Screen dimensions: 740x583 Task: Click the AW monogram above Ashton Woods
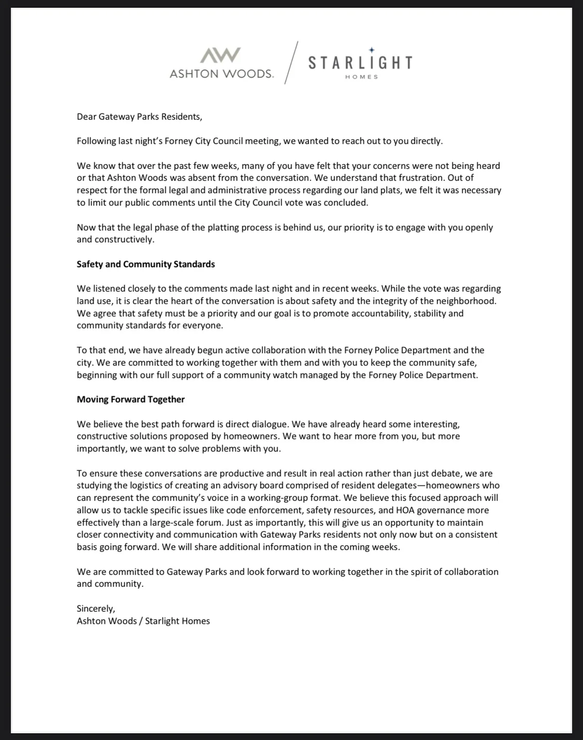click(x=221, y=55)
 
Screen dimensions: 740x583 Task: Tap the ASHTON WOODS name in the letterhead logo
click(x=222, y=74)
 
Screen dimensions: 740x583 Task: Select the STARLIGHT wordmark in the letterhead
click(x=360, y=63)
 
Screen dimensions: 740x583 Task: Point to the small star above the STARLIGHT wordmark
click(x=372, y=49)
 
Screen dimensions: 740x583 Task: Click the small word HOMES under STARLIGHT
click(x=361, y=77)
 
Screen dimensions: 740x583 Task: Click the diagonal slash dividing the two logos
click(x=291, y=63)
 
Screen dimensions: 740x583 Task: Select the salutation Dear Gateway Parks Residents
click(x=139, y=117)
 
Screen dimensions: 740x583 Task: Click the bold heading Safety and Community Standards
click(x=146, y=264)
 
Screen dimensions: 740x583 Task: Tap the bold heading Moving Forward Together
click(x=131, y=399)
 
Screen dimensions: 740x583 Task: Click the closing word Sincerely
click(x=96, y=608)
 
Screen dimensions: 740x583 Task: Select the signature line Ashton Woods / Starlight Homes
click(x=143, y=621)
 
